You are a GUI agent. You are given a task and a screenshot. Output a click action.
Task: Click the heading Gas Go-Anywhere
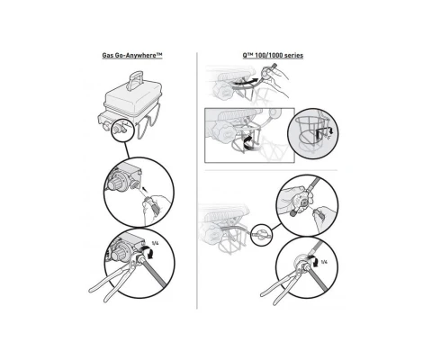(x=132, y=56)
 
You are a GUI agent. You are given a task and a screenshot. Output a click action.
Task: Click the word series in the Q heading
(x=293, y=56)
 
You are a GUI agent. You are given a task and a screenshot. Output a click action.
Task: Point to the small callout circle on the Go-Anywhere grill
(x=123, y=130)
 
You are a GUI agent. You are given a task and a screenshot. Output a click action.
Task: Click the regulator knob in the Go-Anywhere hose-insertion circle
(x=115, y=183)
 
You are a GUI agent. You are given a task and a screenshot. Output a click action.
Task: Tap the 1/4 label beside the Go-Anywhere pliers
(x=155, y=243)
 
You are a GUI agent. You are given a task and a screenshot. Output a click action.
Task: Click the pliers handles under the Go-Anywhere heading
(x=111, y=283)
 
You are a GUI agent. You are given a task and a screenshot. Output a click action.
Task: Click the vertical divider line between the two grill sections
(x=197, y=181)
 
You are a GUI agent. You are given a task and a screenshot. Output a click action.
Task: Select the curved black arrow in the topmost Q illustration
(x=246, y=80)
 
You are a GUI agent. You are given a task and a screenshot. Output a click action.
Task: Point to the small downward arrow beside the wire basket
(x=330, y=131)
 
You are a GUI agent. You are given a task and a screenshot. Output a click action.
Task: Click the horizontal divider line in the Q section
(x=271, y=170)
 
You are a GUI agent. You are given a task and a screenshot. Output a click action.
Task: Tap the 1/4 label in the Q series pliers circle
(x=324, y=262)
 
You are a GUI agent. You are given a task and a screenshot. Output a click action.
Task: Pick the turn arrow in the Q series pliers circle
(x=314, y=261)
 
